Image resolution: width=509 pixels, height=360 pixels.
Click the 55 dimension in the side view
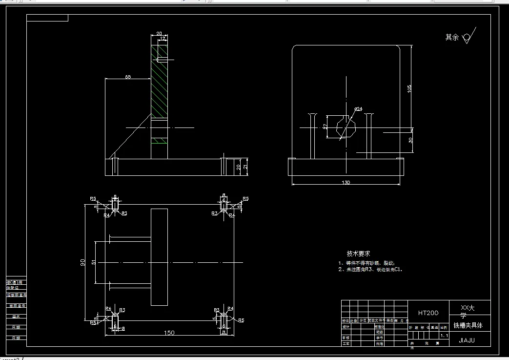point(127,77)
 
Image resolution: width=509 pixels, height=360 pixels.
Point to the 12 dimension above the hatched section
point(163,38)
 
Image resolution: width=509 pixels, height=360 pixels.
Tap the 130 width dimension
point(346,182)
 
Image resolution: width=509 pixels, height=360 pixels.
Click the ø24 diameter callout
point(358,108)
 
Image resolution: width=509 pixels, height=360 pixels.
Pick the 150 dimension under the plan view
point(168,333)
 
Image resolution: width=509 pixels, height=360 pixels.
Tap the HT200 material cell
point(428,313)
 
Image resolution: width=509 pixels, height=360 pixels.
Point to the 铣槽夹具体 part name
point(468,325)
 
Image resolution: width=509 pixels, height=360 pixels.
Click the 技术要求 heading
point(358,254)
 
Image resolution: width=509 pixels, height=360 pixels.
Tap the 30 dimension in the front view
point(410,140)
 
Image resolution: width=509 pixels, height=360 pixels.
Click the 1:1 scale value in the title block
point(444,336)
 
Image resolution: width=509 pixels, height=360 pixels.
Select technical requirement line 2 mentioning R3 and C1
point(371,269)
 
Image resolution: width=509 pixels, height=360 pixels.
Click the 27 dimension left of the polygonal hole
point(326,126)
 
